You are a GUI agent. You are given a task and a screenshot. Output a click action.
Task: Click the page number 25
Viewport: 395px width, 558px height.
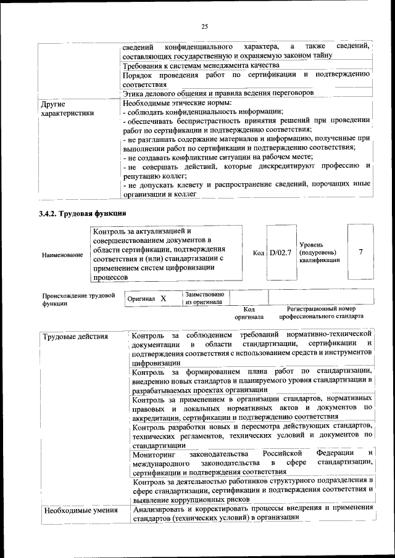click(x=204, y=26)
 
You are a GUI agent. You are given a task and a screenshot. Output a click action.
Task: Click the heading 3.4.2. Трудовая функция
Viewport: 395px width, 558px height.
click(x=83, y=213)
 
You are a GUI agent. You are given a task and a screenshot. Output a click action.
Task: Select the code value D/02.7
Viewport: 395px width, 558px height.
click(x=280, y=253)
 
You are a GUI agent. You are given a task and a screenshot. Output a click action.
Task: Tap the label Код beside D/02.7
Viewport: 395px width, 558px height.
click(x=259, y=253)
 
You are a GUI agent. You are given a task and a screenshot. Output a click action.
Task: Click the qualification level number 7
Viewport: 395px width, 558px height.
click(x=360, y=252)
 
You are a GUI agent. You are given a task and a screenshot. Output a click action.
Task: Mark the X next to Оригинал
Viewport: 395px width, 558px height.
click(x=164, y=298)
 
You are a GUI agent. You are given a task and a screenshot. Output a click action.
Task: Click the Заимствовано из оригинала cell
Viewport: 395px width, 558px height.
click(x=206, y=298)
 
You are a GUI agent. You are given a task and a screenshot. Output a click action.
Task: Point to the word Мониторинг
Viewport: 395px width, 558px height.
click(x=154, y=454)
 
